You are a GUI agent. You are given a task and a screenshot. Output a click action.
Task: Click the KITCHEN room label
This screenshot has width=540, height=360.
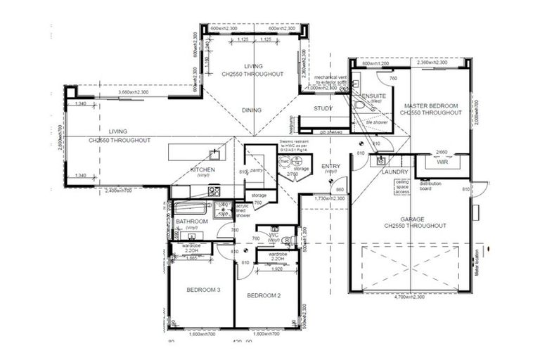202,170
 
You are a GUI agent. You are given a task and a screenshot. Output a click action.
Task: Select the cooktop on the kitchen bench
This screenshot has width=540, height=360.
214,191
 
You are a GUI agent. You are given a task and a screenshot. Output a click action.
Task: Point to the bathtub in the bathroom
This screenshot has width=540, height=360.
189,209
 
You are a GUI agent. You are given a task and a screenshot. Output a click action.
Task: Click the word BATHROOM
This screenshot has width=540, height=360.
191,222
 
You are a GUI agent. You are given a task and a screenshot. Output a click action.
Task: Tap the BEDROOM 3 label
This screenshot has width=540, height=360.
203,290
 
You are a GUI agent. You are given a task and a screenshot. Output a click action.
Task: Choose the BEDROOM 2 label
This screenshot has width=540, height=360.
264,296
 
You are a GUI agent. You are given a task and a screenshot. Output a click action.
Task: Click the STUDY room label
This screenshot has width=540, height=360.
323,108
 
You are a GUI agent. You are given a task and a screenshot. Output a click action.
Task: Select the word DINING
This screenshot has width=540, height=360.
252,110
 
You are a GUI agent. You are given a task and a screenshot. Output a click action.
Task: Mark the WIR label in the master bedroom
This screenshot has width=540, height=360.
442,162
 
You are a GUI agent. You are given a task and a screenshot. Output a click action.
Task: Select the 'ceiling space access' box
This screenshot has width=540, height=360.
402,186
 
